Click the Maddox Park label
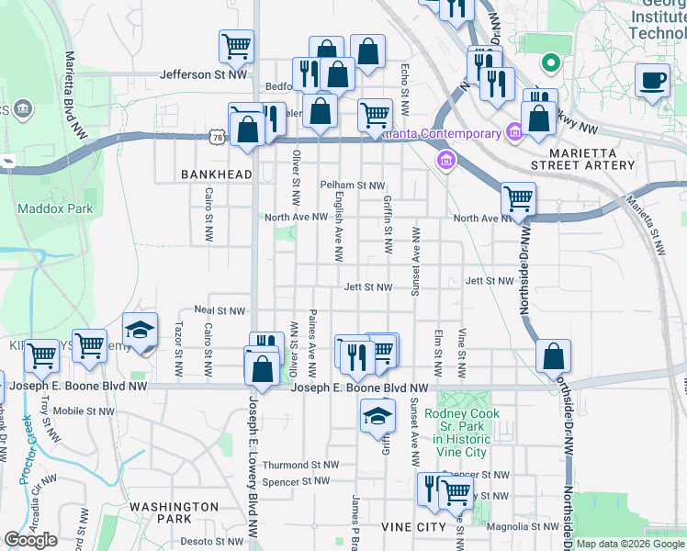pyautogui.click(x=55, y=208)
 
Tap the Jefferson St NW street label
pyautogui.click(x=203, y=75)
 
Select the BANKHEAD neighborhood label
pyautogui.click(x=216, y=174)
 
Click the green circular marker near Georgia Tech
pyautogui.click(x=550, y=63)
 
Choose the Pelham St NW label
pyautogui.click(x=352, y=186)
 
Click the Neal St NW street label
pyautogui.click(x=219, y=311)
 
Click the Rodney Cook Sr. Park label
pyautogui.click(x=462, y=426)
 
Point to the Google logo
pyautogui.click(x=31, y=540)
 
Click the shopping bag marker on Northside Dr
pyautogui.click(x=553, y=356)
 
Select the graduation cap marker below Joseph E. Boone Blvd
pyautogui.click(x=377, y=416)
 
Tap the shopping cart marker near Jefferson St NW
pyautogui.click(x=236, y=46)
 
